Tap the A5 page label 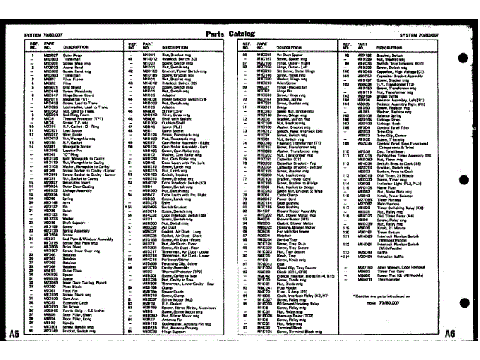(13, 332)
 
